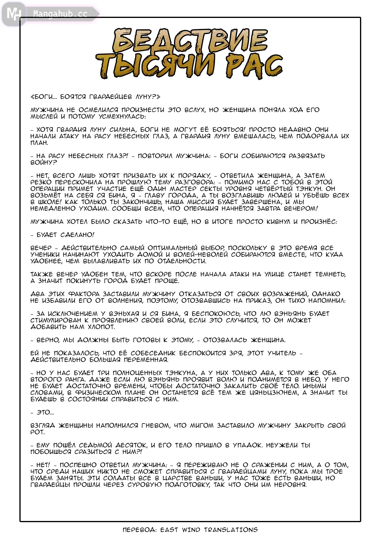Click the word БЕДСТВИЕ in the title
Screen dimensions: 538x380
click(190, 40)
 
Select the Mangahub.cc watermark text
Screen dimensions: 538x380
click(60, 14)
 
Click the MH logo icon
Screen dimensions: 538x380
click(13, 14)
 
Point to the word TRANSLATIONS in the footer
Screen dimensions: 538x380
click(231, 530)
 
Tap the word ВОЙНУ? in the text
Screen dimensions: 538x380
click(44, 163)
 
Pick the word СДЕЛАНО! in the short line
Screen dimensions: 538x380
click(77, 235)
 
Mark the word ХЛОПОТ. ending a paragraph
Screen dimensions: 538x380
click(101, 327)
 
